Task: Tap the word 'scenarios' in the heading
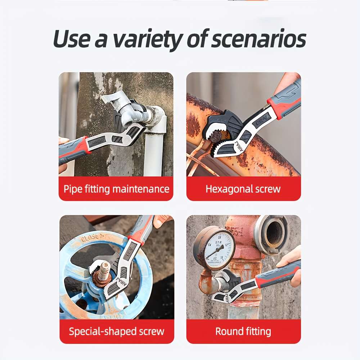tap(258, 39)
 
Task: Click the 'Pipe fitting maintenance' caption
tap(116, 189)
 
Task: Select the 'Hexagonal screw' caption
tap(243, 189)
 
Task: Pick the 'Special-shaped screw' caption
tap(116, 331)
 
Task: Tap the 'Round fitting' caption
tap(243, 331)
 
